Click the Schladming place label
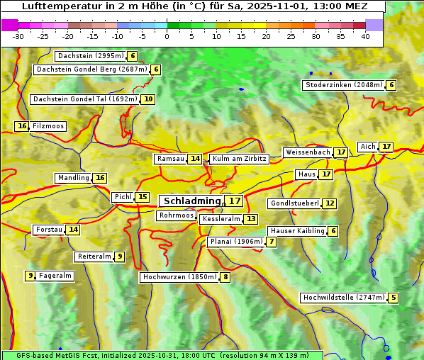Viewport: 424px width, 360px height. coord(192,201)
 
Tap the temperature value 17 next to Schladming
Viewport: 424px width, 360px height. coord(235,201)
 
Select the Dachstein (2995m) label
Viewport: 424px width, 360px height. coord(90,56)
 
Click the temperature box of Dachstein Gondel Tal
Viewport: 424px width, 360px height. coord(147,99)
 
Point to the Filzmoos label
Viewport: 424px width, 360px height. coord(48,126)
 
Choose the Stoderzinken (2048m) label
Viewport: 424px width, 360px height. coord(343,85)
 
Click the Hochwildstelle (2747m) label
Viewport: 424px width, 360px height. coord(343,298)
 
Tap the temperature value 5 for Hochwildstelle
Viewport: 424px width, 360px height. coord(393,298)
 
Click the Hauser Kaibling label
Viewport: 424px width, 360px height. coord(297,231)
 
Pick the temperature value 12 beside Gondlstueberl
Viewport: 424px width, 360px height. coord(330,203)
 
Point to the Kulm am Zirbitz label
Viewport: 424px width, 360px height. coord(239,159)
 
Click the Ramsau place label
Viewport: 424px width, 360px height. coord(170,159)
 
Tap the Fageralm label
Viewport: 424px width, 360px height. coord(55,276)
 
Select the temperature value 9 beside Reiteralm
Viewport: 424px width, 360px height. coord(120,257)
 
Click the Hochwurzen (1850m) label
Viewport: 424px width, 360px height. coord(178,277)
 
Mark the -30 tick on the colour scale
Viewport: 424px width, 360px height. coord(18,36)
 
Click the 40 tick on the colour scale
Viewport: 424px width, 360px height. coord(365,36)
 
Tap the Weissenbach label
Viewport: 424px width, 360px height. coord(307,152)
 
